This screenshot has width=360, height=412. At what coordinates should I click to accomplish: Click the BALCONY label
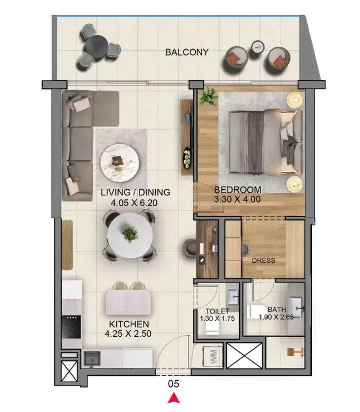pyautogui.click(x=187, y=52)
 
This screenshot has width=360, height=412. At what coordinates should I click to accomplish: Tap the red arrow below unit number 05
pyautogui.click(x=174, y=398)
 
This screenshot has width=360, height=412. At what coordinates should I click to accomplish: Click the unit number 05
pyautogui.click(x=174, y=384)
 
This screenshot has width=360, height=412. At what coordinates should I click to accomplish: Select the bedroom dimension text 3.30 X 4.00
pyautogui.click(x=237, y=199)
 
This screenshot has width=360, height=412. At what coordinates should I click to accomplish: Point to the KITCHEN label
pyautogui.click(x=129, y=324)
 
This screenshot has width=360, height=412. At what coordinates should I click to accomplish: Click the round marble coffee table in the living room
pyautogui.click(x=120, y=163)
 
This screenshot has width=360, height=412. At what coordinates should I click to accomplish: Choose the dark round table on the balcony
pyautogui.click(x=96, y=47)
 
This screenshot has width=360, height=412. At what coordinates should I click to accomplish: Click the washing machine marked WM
pyautogui.click(x=213, y=357)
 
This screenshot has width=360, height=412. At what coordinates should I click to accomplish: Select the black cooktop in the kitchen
pyautogui.click(x=71, y=327)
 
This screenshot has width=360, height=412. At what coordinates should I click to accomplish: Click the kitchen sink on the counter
pyautogui.click(x=92, y=359)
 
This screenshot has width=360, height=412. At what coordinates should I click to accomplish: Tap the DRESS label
pyautogui.click(x=264, y=261)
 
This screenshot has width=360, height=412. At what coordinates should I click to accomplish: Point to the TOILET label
pyautogui.click(x=218, y=311)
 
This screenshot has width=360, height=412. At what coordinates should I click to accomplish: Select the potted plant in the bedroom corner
pyautogui.click(x=208, y=96)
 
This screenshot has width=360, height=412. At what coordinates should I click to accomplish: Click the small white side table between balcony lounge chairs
pyautogui.click(x=258, y=47)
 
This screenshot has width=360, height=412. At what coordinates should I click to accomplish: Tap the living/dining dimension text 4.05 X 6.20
pyautogui.click(x=134, y=203)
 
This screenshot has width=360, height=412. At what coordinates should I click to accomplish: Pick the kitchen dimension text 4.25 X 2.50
pyautogui.click(x=128, y=333)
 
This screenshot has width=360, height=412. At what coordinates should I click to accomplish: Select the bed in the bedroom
pyautogui.click(x=265, y=142)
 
